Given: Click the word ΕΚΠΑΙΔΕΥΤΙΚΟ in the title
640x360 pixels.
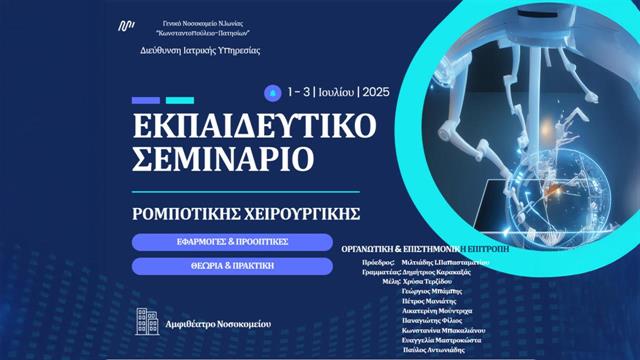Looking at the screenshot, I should point(254,126).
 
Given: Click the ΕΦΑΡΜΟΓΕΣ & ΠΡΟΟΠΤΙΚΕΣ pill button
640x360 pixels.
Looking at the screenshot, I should point(231,242).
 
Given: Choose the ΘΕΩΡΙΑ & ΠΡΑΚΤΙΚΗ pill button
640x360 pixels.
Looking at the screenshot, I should point(231,266).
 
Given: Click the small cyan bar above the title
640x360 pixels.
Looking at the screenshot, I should point(179,100).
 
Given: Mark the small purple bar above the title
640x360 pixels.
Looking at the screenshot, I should point(146,100).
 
